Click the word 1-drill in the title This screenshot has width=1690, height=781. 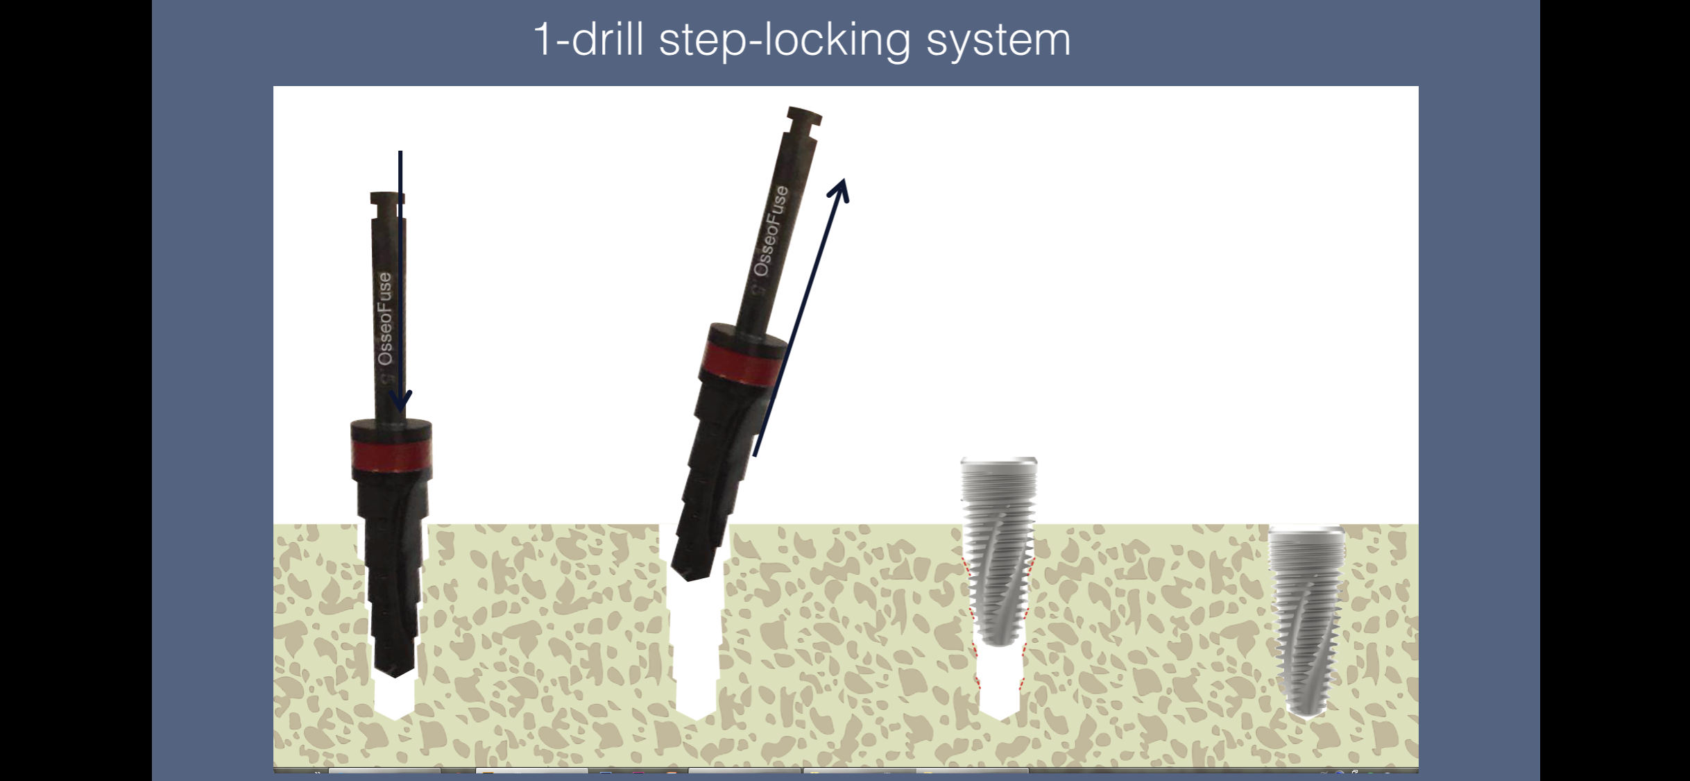pyautogui.click(x=588, y=39)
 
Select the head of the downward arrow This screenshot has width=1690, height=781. pyautogui.click(x=400, y=401)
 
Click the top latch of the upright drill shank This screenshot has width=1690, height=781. pyautogui.click(x=387, y=199)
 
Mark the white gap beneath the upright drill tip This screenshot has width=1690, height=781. pyautogui.click(x=394, y=698)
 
